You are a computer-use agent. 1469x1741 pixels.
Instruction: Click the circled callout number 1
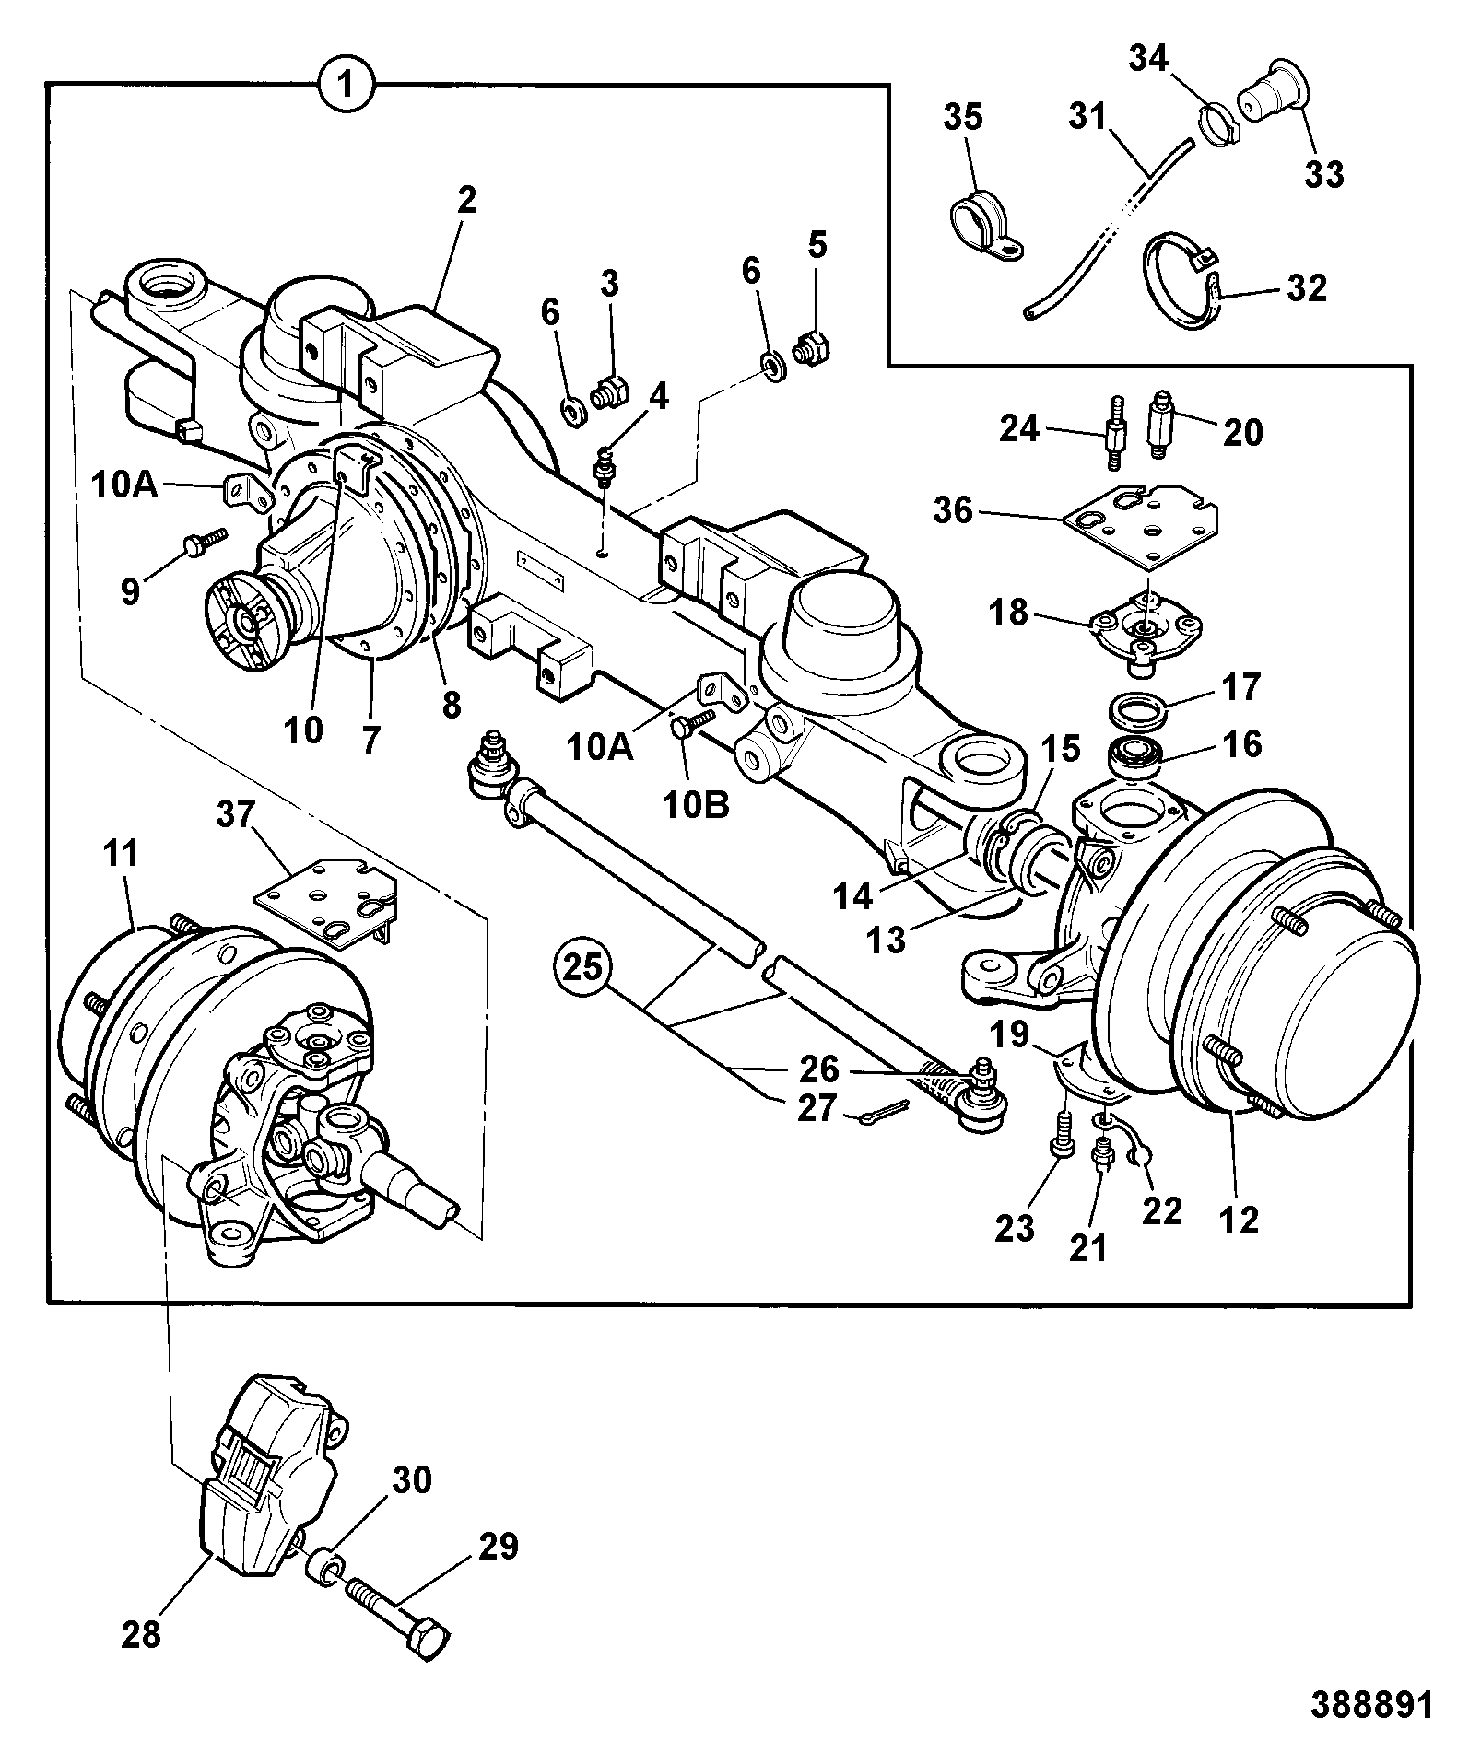pyautogui.click(x=347, y=87)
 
